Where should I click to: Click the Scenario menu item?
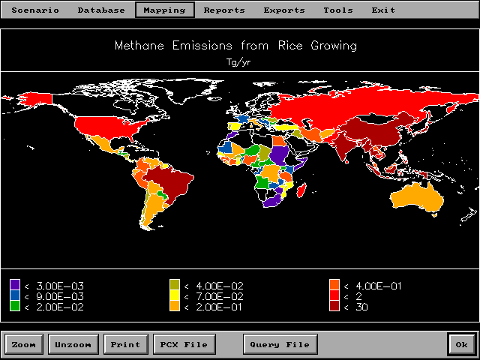pyautogui.click(x=34, y=10)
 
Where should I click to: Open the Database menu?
pyautogui.click(x=101, y=10)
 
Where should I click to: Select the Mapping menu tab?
pyautogui.click(x=165, y=10)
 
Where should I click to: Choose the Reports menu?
pyautogui.click(x=224, y=10)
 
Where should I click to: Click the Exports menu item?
pyautogui.click(x=284, y=10)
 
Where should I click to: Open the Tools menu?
pyautogui.click(x=338, y=10)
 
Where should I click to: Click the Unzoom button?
pyautogui.click(x=73, y=345)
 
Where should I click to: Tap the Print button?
pyautogui.click(x=125, y=345)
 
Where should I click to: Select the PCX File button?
pyautogui.click(x=184, y=345)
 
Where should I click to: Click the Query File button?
pyautogui.click(x=280, y=345)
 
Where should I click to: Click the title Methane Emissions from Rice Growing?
pyautogui.click(x=235, y=46)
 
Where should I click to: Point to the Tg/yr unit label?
pyautogui.click(x=238, y=62)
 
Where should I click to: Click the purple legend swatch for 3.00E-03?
pyautogui.click(x=15, y=285)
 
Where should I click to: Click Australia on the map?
pyautogui.click(x=417, y=197)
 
